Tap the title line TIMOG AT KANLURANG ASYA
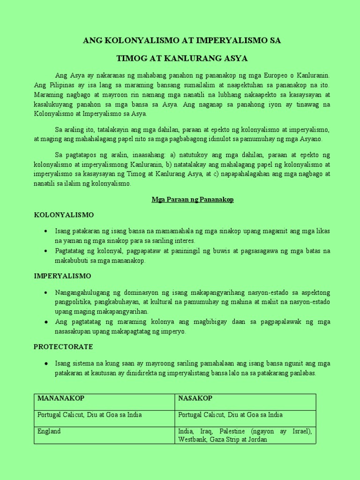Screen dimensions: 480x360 point(182,59)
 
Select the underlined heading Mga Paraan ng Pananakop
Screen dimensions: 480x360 point(192,200)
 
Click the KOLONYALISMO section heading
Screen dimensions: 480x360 point(64,215)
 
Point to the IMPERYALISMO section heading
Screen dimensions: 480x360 point(62,276)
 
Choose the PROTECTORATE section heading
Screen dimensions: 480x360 point(63,347)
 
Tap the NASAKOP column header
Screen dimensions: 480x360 point(195,398)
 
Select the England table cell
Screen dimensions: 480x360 point(49,431)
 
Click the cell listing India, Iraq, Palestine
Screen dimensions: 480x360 point(245,435)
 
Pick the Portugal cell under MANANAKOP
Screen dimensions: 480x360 point(90,415)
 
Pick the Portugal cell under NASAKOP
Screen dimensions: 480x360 point(231,415)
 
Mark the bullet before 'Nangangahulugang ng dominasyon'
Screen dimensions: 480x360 point(45,292)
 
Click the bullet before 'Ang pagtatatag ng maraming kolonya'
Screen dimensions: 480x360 point(45,322)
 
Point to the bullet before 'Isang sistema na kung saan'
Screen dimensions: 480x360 point(45,364)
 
